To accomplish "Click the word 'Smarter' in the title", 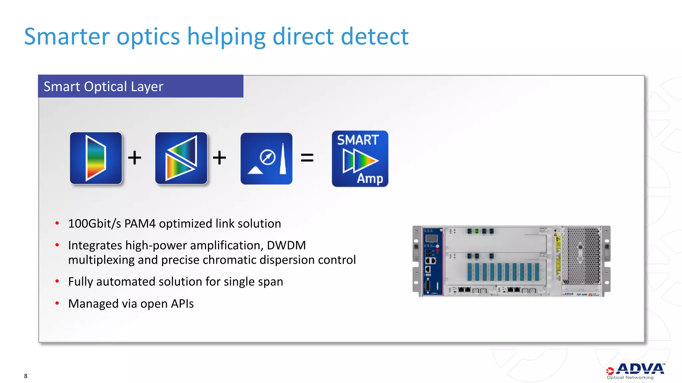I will click(x=67, y=37).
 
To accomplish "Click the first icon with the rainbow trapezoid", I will click(x=96, y=158).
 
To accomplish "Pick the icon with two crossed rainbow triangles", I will click(x=181, y=158).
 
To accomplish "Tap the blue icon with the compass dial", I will click(x=266, y=159).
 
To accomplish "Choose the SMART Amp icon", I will click(x=360, y=159).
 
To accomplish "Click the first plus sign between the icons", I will click(x=135, y=158).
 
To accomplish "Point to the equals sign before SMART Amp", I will click(x=307, y=158).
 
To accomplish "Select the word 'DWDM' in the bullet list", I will click(x=286, y=245).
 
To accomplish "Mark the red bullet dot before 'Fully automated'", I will click(x=57, y=281).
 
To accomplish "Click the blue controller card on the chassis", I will click(x=433, y=261).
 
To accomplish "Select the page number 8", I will click(x=26, y=376).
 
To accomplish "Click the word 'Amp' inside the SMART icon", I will click(x=370, y=179).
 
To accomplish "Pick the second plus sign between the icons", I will click(x=219, y=158).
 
